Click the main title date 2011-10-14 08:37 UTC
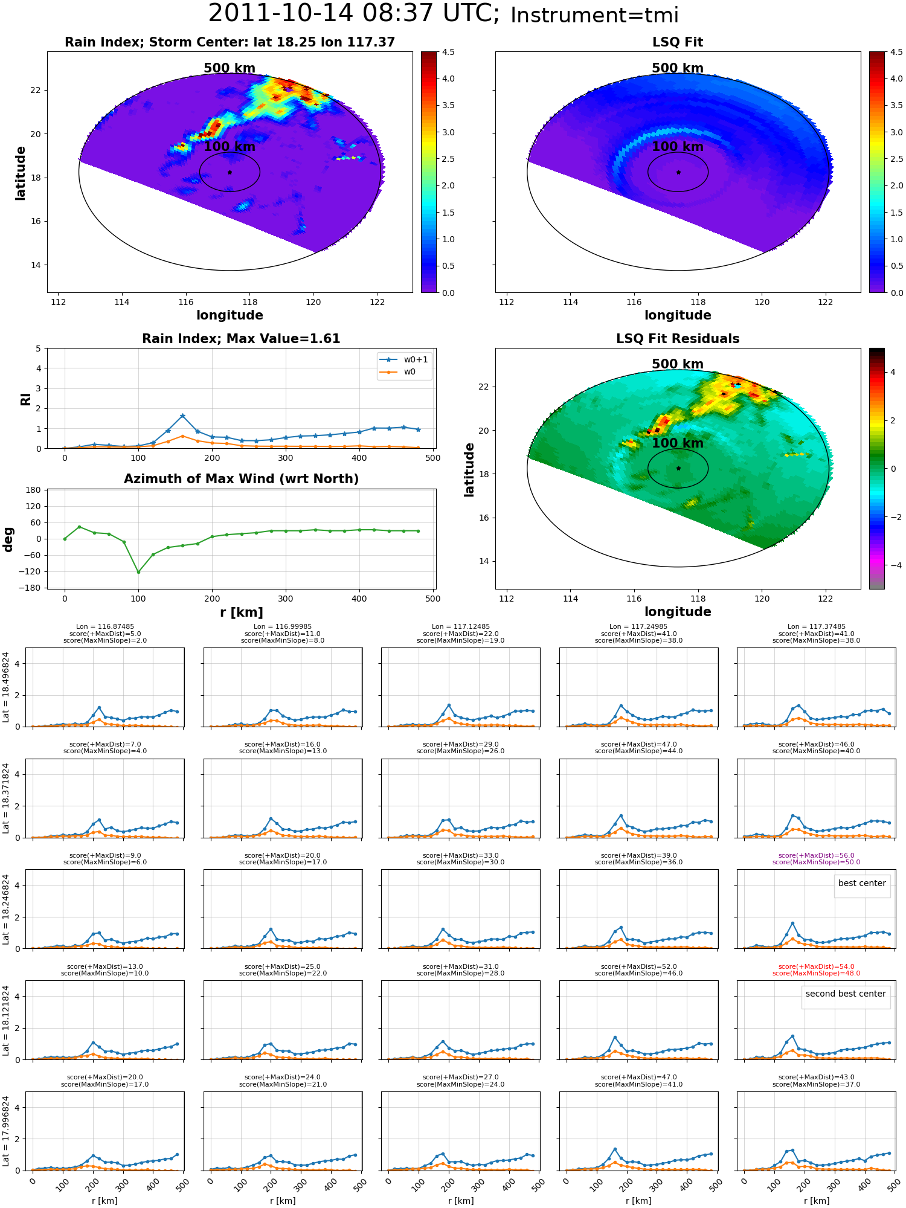(353, 14)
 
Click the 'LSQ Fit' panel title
(678, 42)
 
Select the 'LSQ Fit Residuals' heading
(678, 339)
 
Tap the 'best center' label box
(862, 883)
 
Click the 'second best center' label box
(846, 994)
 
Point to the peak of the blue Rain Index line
(182, 416)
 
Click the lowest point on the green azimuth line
(138, 572)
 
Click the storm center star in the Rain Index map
(230, 172)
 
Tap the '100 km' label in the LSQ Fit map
(678, 146)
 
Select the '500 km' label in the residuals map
(678, 364)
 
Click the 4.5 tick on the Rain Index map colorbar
(448, 52)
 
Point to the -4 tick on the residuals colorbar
(892, 565)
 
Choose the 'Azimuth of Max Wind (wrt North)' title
(241, 479)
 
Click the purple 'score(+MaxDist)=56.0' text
(816, 855)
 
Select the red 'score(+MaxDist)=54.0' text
(816, 966)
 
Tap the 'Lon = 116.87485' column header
(105, 627)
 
